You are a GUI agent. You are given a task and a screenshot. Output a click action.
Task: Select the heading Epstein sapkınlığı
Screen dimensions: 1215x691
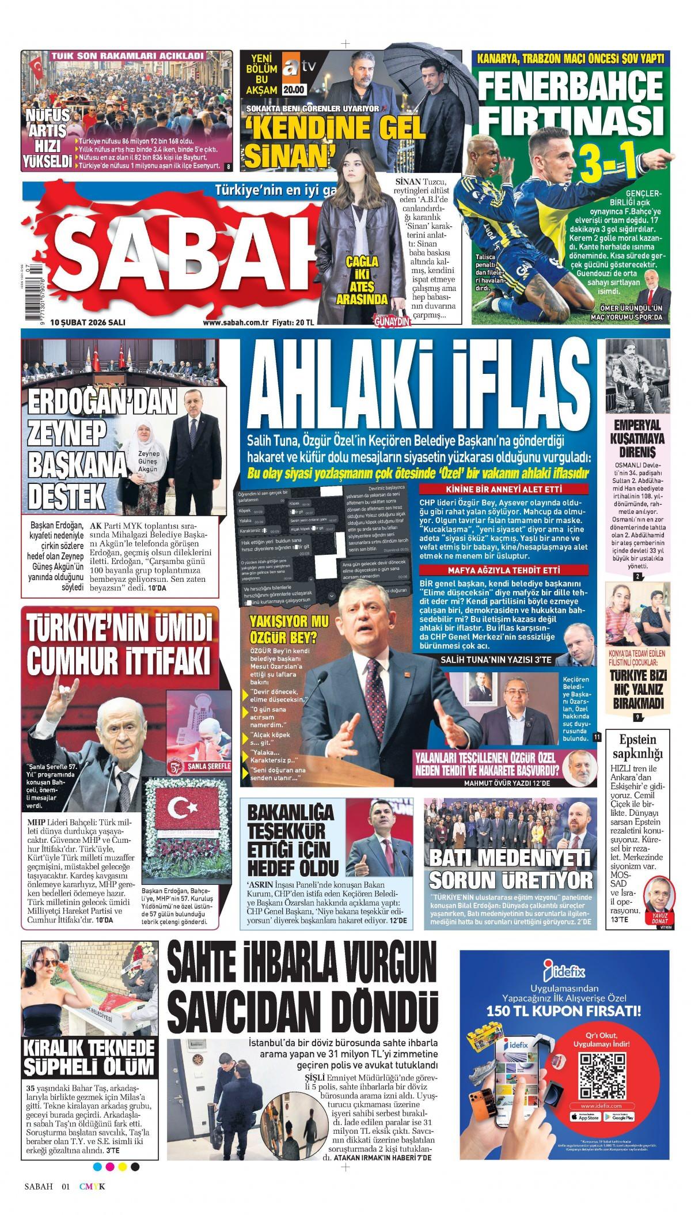pyautogui.click(x=637, y=746)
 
